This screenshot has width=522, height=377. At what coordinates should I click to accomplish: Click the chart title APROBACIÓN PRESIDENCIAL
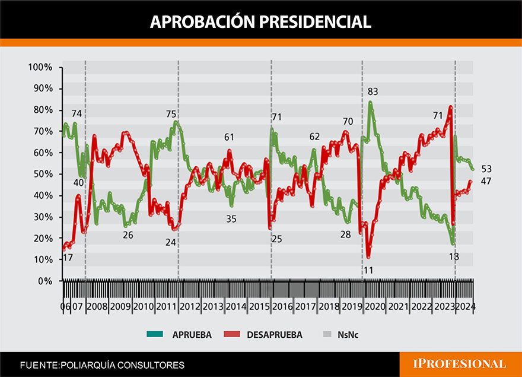260,21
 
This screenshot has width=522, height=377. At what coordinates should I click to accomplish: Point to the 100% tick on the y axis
40,67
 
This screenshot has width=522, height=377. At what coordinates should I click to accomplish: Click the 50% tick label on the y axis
42,174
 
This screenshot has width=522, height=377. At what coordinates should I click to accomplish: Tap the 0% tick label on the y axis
44,281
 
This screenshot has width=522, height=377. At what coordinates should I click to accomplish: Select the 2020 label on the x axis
374,306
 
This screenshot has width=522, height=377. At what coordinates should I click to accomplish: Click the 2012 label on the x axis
189,306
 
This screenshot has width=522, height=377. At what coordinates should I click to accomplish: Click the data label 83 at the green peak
373,91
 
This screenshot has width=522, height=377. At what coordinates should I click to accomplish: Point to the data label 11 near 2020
368,270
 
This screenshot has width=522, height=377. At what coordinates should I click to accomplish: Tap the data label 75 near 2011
171,114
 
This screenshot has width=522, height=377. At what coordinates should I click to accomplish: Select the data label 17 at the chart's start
68,258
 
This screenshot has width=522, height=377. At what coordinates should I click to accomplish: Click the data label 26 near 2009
128,235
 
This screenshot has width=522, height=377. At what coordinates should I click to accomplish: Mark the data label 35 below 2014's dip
231,218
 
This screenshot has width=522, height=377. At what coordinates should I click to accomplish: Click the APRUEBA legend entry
179,335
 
